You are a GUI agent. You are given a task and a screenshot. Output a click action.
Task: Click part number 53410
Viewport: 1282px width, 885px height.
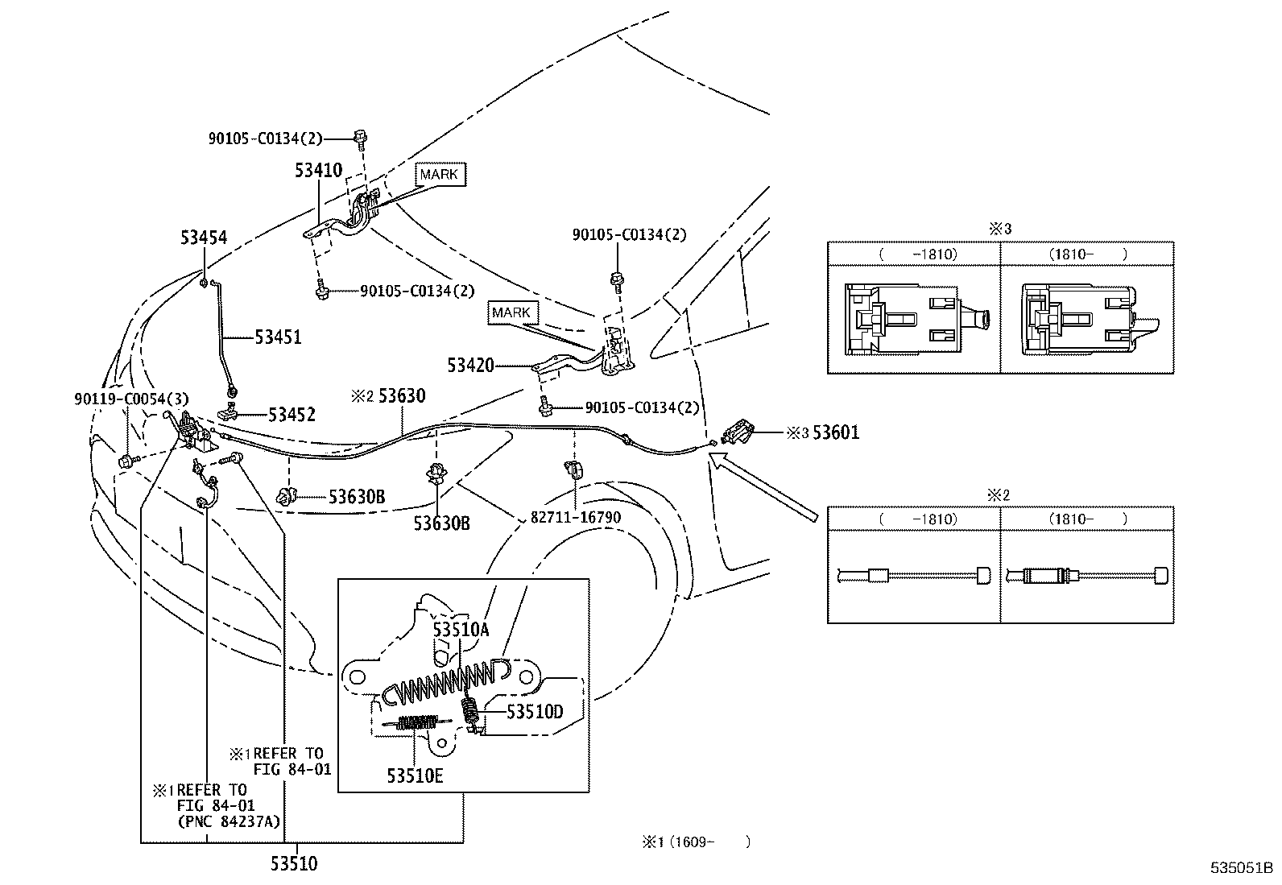point(318,170)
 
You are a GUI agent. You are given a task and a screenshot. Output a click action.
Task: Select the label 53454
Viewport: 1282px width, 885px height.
point(204,238)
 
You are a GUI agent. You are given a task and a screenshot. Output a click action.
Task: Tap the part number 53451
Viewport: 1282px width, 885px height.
point(278,337)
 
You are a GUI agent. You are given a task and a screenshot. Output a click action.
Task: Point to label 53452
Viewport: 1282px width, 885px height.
point(292,415)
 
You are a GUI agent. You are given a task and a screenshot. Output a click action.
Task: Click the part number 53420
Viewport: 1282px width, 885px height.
point(470,366)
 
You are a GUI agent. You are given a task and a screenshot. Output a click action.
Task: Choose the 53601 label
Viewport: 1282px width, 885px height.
point(836,432)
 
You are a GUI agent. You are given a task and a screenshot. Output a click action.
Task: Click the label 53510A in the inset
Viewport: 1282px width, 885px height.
point(461,630)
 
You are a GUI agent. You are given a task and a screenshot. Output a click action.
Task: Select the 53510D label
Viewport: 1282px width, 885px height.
point(536,712)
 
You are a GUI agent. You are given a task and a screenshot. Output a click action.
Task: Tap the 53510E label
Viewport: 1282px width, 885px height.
point(415,775)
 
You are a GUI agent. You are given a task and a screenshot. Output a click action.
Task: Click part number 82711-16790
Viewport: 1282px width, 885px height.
point(576,518)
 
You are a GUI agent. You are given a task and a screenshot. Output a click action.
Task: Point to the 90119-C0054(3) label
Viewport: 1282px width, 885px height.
point(131,399)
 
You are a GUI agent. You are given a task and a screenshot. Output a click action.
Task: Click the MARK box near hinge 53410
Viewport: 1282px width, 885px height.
point(440,174)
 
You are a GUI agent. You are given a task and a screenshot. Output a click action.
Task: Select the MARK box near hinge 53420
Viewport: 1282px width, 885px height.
point(511,312)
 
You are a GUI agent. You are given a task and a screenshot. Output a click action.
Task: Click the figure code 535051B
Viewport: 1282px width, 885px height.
point(1242,867)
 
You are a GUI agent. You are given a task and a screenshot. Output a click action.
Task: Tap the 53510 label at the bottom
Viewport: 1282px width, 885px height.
point(294,863)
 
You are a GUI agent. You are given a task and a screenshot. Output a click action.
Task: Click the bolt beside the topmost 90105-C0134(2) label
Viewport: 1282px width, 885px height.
point(361,138)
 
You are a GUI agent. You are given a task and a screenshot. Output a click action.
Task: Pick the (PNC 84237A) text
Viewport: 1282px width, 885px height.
point(229,822)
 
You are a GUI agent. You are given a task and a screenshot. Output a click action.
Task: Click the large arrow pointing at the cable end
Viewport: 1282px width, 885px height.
point(763,486)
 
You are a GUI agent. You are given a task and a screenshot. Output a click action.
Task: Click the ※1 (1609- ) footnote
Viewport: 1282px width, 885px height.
point(696,842)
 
